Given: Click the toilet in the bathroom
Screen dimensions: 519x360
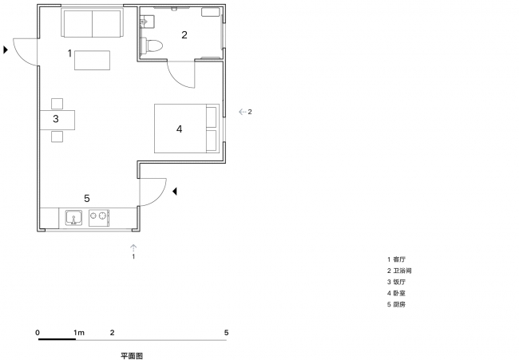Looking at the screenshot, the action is tap(152, 45).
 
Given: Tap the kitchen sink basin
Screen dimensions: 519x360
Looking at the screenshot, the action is tap(73, 217).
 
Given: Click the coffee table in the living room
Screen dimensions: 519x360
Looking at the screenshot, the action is tap(92, 60).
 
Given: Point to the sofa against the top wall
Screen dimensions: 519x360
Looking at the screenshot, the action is tap(92, 23).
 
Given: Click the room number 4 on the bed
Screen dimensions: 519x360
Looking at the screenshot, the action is tap(179, 129).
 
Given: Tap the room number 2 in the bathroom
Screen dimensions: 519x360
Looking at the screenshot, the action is tap(184, 35).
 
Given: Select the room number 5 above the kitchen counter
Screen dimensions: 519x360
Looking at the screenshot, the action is tap(87, 198).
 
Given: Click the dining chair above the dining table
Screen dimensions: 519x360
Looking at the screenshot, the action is tap(57, 104).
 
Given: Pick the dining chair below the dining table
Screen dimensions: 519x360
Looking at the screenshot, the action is tap(57, 136).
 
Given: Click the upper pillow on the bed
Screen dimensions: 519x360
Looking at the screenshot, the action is tap(211, 117).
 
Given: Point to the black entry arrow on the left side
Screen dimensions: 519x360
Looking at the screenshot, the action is tap(6, 49).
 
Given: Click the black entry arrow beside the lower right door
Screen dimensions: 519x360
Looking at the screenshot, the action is tap(174, 192).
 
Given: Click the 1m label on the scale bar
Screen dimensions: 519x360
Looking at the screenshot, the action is tap(79, 333).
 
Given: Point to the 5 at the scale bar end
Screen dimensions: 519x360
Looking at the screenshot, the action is tap(227, 333).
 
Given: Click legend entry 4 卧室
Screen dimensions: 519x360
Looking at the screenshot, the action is tap(396, 293).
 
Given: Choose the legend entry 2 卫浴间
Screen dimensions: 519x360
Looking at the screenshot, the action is tap(399, 271).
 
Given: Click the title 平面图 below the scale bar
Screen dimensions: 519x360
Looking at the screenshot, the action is tap(132, 356).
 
